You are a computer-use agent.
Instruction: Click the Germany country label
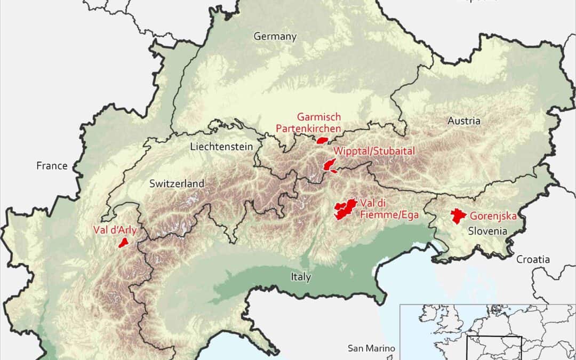point(275,37)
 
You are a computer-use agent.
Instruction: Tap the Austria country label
point(463,121)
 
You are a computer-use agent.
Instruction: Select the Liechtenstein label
point(221,147)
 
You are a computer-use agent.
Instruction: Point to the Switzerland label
point(177,183)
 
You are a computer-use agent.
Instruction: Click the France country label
point(52,166)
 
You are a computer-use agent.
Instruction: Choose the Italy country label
point(301,277)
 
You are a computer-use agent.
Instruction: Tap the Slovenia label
point(487,231)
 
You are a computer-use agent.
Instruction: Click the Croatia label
point(532,259)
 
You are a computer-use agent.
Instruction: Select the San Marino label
point(371,348)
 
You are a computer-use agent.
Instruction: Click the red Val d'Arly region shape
point(123,243)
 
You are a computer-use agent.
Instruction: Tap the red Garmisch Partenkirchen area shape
point(322,141)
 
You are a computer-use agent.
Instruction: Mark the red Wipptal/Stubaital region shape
point(329,165)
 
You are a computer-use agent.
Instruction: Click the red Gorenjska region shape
point(457,216)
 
